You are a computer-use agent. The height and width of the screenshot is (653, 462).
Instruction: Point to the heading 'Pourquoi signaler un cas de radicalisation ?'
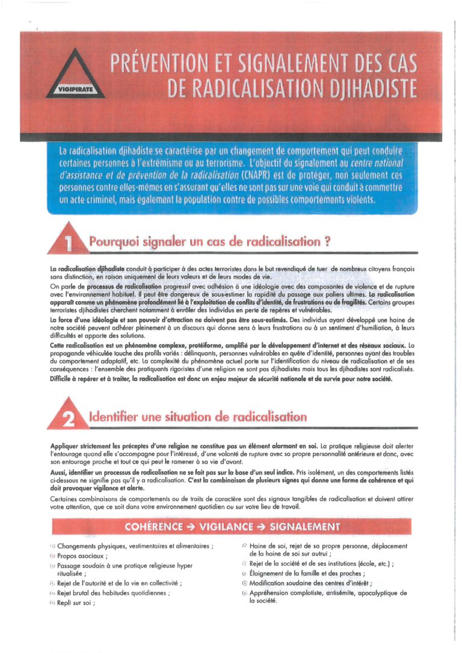[x=211, y=242]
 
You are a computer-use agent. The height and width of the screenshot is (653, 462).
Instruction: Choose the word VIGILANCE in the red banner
[x=233, y=527]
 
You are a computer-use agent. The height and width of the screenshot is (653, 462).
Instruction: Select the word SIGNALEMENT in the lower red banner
[x=305, y=527]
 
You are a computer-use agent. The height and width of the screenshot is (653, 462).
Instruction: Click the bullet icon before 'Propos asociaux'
[x=52, y=557]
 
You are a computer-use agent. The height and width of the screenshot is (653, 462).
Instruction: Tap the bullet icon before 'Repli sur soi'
[x=52, y=602]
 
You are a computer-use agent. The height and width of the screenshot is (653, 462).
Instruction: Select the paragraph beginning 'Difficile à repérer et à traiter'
[x=221, y=379]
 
